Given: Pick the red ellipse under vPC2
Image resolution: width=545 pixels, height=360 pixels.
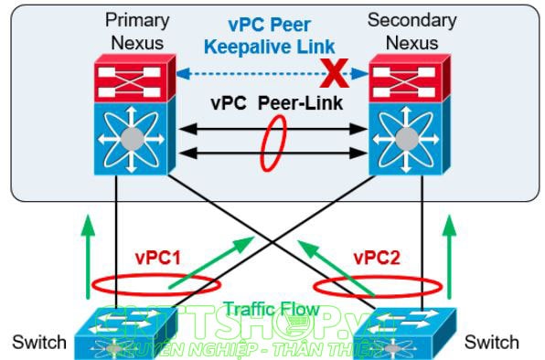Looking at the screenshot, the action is point(378,284).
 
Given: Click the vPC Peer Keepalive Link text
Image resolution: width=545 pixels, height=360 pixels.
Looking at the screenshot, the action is point(270,35).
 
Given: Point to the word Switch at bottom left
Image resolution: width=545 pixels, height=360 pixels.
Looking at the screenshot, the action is point(39,344).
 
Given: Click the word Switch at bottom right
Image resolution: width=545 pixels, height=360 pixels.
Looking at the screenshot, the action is point(492,344).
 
